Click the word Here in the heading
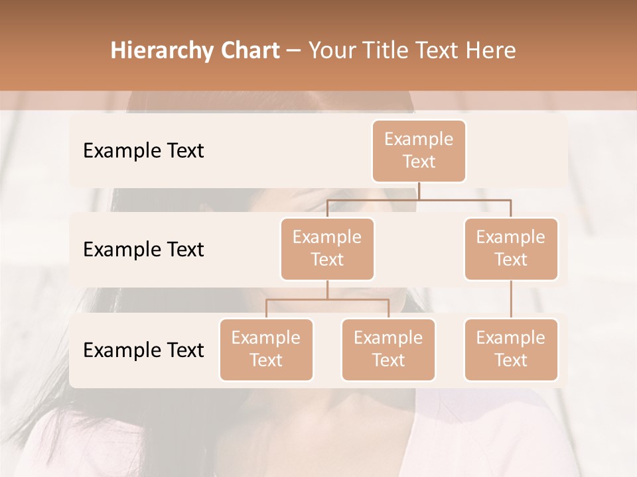pyautogui.click(x=490, y=50)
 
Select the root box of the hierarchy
pyautogui.click(x=419, y=150)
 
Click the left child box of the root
pyautogui.click(x=327, y=248)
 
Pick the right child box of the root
pyautogui.click(x=511, y=248)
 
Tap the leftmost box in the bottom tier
pyautogui.click(x=266, y=349)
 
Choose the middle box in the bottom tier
pyautogui.click(x=388, y=349)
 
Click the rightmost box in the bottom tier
pyautogui.click(x=511, y=349)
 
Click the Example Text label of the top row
pyautogui.click(x=143, y=150)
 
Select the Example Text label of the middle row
pyautogui.click(x=143, y=249)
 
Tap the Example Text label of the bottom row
pyautogui.click(x=143, y=350)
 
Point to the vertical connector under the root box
pyautogui.click(x=419, y=191)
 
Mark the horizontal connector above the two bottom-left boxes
pyautogui.click(x=327, y=299)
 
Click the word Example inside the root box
pyautogui.click(x=419, y=139)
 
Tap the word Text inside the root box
pyautogui.click(x=419, y=162)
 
